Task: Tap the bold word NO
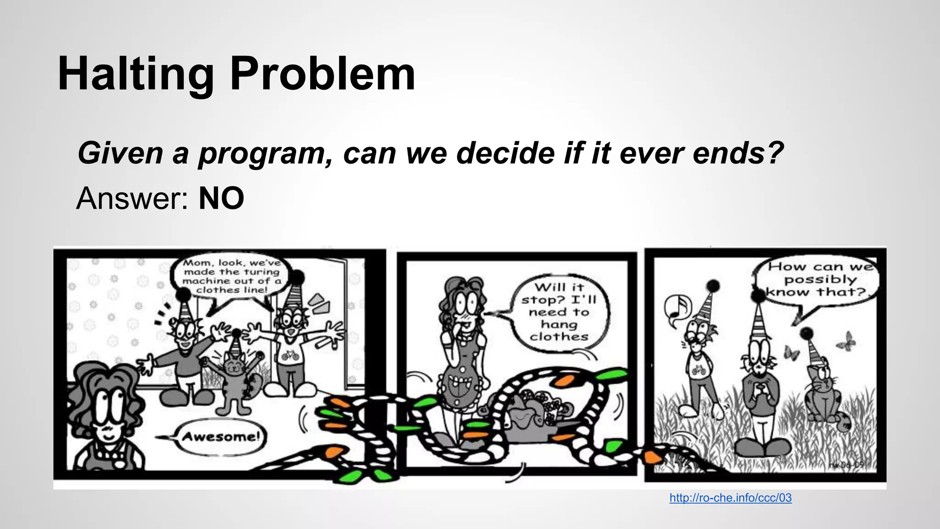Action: (x=221, y=199)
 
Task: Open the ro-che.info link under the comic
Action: (x=730, y=498)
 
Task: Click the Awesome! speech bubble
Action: (x=220, y=436)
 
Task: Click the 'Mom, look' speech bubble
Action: (x=232, y=276)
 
